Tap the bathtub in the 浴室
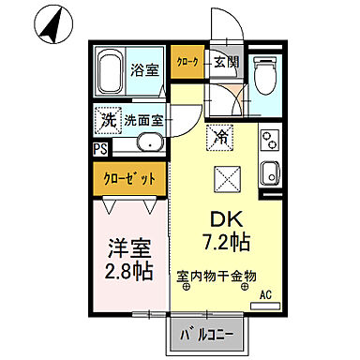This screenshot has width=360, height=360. [x=112, y=70]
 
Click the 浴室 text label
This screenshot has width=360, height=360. [x=144, y=69]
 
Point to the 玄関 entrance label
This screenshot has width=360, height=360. [x=226, y=62]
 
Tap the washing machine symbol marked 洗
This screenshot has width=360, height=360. [x=109, y=121]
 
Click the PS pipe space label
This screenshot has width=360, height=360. [x=99, y=148]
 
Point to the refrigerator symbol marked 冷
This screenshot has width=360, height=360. [x=222, y=137]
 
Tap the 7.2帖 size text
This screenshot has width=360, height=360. [x=224, y=243]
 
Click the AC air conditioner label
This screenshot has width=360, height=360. [x=264, y=295]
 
